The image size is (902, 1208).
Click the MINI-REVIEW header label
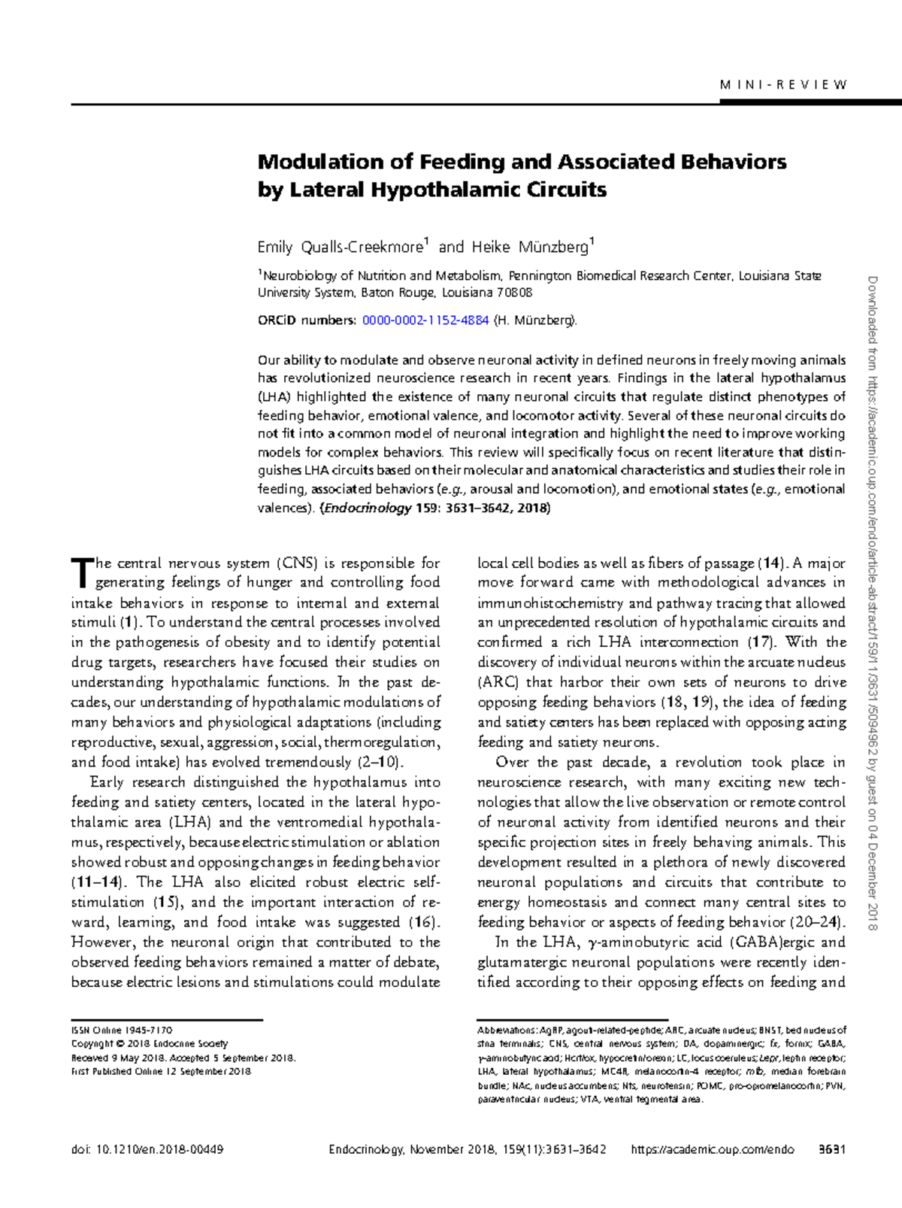[x=783, y=85]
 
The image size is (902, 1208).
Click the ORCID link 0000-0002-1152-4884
[x=425, y=320]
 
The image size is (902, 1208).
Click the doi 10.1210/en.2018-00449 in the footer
[x=147, y=1149]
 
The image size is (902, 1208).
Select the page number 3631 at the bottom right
[x=832, y=1149]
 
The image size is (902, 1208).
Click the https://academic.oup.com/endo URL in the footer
[x=712, y=1149]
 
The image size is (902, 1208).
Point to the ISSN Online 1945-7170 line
[x=122, y=1030]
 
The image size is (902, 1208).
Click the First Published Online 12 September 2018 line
[x=161, y=1071]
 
